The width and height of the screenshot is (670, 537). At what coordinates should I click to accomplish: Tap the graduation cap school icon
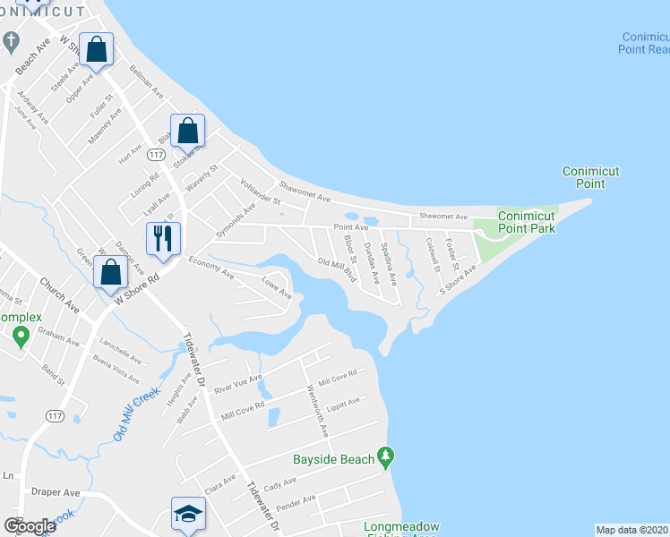[x=189, y=515]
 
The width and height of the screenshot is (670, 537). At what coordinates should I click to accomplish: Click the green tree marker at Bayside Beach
[x=386, y=456]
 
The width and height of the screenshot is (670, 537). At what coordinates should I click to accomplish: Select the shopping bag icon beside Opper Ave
[x=97, y=50]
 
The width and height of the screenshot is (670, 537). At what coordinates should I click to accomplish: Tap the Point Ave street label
[x=351, y=228]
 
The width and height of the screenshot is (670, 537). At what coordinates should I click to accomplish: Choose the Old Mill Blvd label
[x=338, y=269]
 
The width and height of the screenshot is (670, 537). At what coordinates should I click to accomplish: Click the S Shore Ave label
[x=457, y=280]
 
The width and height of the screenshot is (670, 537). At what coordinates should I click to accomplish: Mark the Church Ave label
[x=59, y=295]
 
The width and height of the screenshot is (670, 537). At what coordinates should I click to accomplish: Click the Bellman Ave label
[x=147, y=81]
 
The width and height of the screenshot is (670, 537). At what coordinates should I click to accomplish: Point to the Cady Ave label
[x=279, y=483]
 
